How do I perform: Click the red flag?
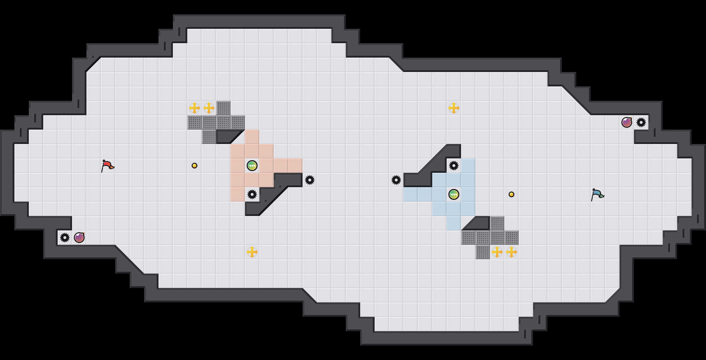pos(107,166)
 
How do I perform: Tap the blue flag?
pos(597,194)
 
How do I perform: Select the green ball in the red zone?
pos(252,166)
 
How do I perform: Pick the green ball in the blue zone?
pos(454,194)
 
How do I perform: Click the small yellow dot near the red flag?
pos(195,166)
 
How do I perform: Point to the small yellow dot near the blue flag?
pos(511,194)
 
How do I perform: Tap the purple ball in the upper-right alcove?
pos(627,122)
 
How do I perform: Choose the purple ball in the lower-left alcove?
pos(79,238)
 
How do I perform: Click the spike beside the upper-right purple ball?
pos(641,122)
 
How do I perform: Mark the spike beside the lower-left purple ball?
pos(65,238)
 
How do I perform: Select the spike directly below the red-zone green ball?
pos(252,194)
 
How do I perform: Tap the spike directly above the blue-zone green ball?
pos(454,166)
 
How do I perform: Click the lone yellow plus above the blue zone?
pos(454,108)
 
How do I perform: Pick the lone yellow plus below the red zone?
pos(252,252)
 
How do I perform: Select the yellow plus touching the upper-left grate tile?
pos(209,108)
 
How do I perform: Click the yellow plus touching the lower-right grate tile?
pos(497,252)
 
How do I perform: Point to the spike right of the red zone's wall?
pos(310,180)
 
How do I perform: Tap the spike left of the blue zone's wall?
pos(396,180)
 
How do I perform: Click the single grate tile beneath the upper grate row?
pos(209,137)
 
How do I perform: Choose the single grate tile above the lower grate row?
pos(497,223)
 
